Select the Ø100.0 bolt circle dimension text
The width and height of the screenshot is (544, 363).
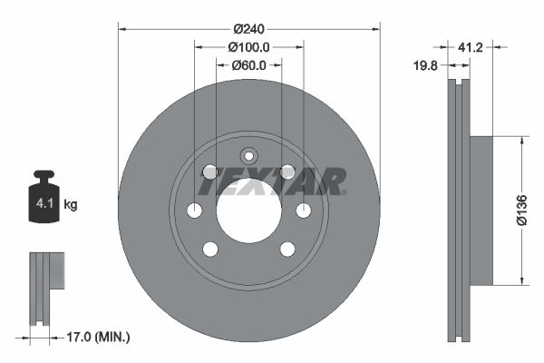(249, 46)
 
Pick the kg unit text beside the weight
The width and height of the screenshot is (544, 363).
(71, 205)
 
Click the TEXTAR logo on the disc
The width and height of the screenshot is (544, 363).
(272, 182)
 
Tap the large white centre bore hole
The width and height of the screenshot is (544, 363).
(249, 211)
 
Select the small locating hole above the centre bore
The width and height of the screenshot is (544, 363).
(249, 155)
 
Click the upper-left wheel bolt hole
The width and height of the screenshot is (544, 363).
(210, 172)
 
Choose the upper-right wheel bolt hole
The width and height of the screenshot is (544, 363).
(287, 172)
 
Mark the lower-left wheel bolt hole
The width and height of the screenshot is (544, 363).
(210, 249)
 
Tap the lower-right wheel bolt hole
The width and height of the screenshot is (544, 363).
(287, 249)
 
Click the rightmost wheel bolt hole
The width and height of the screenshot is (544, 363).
(304, 211)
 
